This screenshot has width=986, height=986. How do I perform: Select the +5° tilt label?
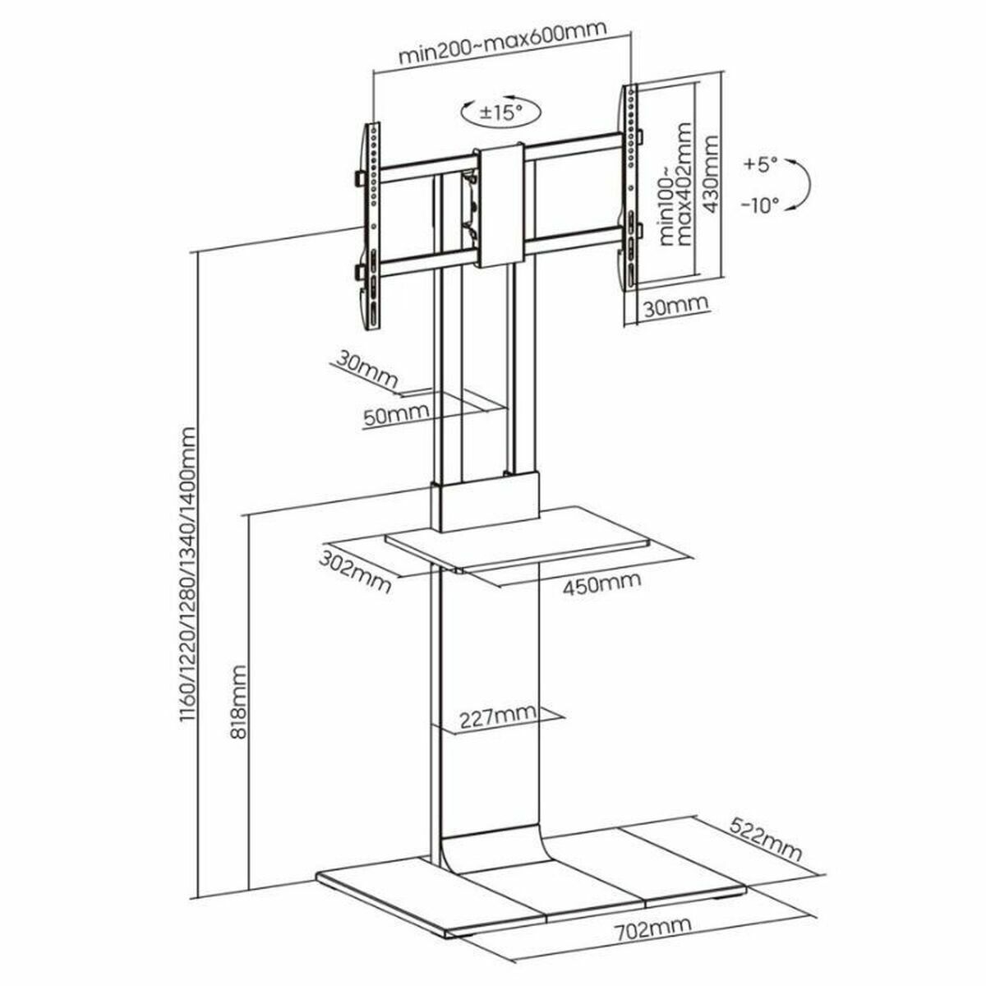pyautogui.click(x=760, y=164)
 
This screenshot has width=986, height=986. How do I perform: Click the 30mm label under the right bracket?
pyautogui.click(x=675, y=306)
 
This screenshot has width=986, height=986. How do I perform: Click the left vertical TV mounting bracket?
pyautogui.click(x=371, y=226)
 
